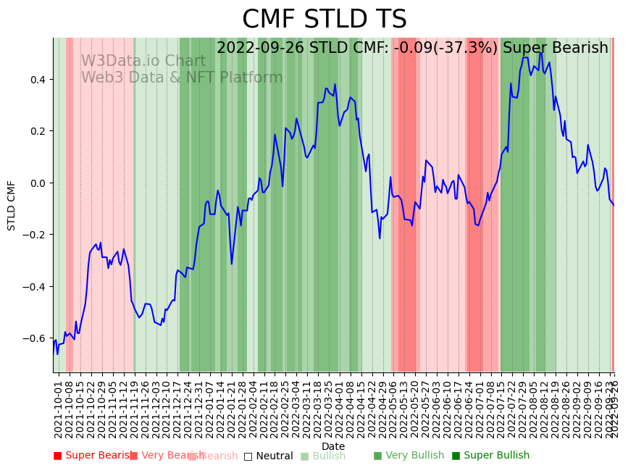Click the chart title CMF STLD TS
pyautogui.click(x=324, y=20)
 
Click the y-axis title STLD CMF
pyautogui.click(x=12, y=205)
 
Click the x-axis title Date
pyautogui.click(x=333, y=446)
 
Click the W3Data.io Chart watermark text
pyautogui.click(x=143, y=61)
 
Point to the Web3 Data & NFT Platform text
pyautogui.click(x=182, y=78)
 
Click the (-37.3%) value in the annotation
pyautogui.click(x=470, y=49)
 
